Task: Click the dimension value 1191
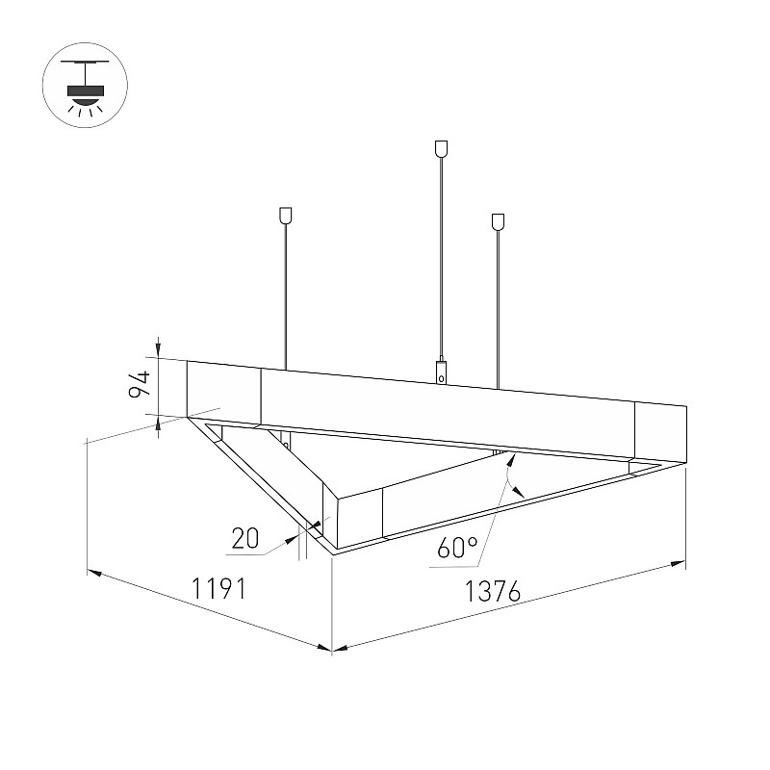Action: [218, 588]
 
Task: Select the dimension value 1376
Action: [492, 591]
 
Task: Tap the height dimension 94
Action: [138, 384]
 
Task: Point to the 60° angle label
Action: [456, 547]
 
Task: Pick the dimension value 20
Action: [245, 538]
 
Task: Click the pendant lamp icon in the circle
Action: [86, 86]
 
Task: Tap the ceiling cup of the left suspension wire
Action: [285, 216]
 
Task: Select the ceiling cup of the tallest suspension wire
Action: [441, 149]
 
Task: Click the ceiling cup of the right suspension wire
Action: [498, 221]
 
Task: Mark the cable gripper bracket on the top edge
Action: [442, 372]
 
